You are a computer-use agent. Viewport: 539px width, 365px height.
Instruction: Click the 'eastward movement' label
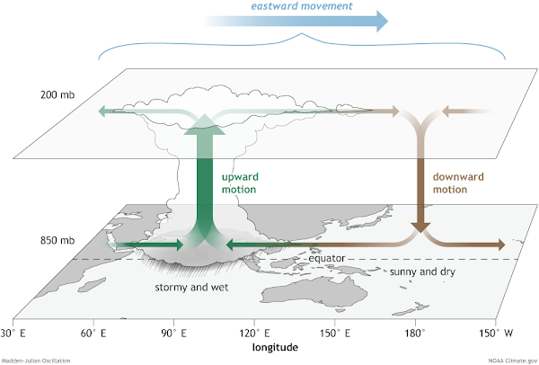[302, 6]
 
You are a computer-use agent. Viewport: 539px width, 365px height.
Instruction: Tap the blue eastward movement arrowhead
[383, 21]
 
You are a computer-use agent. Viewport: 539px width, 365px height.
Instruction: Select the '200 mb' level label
[57, 94]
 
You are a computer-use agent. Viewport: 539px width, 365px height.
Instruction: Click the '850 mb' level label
[57, 240]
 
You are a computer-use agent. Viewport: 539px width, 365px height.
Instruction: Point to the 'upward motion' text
[240, 183]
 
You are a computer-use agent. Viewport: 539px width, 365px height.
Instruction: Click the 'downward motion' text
[458, 183]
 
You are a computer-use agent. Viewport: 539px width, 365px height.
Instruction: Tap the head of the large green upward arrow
[205, 124]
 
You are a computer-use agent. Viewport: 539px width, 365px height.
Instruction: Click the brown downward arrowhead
[420, 227]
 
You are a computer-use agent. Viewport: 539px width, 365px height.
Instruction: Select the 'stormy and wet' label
[191, 287]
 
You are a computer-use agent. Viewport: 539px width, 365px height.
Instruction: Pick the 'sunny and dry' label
[422, 272]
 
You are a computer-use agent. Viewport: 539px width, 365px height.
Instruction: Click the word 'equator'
[327, 258]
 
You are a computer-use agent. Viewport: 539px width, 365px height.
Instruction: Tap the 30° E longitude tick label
[13, 333]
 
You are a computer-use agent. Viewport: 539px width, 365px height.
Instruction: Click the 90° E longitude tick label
[174, 333]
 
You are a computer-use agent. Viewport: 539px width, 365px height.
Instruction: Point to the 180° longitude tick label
[415, 333]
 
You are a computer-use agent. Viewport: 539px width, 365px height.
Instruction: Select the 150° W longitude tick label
[496, 333]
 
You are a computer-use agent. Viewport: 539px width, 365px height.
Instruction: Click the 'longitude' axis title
[275, 347]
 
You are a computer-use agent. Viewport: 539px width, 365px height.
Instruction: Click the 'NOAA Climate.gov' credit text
[513, 361]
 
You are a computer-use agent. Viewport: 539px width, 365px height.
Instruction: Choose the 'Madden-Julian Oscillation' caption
[36, 361]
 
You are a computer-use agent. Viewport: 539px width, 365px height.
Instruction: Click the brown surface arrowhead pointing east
[501, 245]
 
